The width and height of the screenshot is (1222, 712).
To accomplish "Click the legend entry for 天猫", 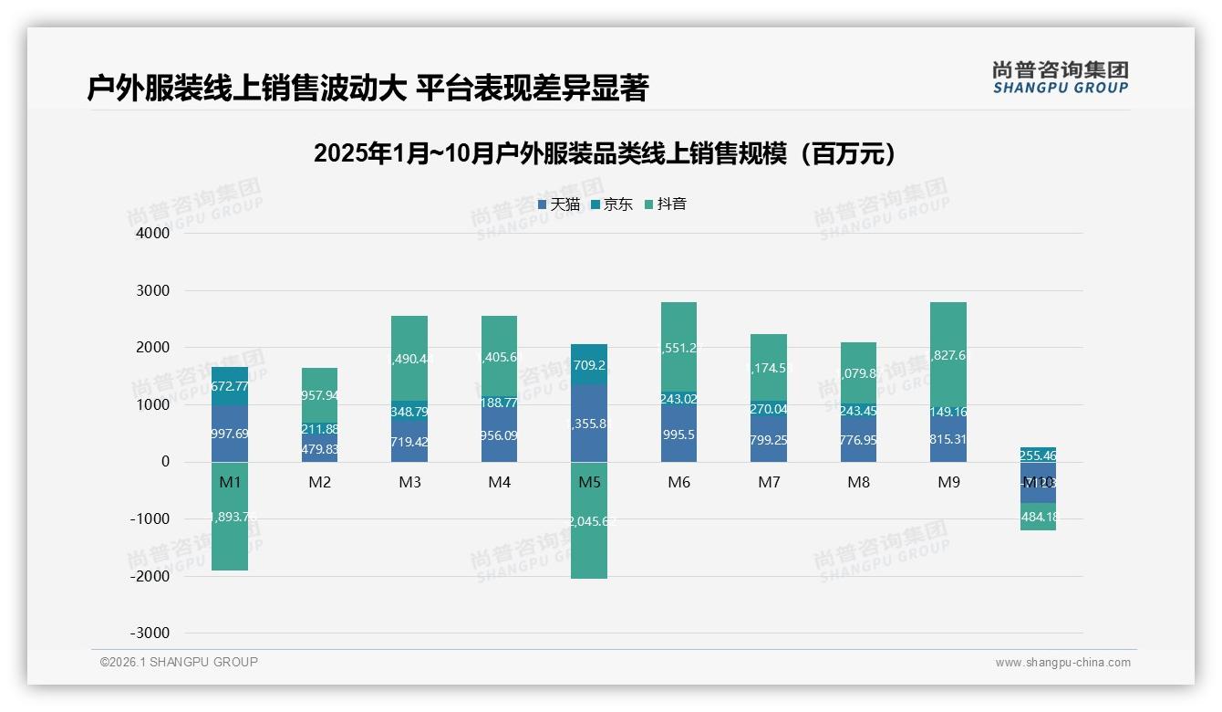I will (x=558, y=204).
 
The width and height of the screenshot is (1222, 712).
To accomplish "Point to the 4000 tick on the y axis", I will (x=153, y=234).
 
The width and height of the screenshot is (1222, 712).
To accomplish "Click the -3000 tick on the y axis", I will (x=150, y=633).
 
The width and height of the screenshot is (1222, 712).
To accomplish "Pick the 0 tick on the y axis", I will (x=165, y=462).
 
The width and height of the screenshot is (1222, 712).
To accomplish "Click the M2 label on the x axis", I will (x=319, y=482).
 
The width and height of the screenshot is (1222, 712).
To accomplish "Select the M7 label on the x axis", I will (x=769, y=482).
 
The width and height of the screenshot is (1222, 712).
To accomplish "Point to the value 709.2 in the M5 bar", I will (x=589, y=365).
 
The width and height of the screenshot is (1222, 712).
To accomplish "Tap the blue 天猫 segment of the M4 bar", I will (x=499, y=435).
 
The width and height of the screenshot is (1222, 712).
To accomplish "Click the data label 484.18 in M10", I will (x=1038, y=518).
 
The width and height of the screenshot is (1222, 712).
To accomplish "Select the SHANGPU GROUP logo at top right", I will (x=1060, y=78).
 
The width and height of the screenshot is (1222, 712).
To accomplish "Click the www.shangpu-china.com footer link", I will (x=1062, y=663).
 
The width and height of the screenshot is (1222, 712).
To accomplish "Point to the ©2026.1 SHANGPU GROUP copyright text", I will (x=179, y=662).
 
